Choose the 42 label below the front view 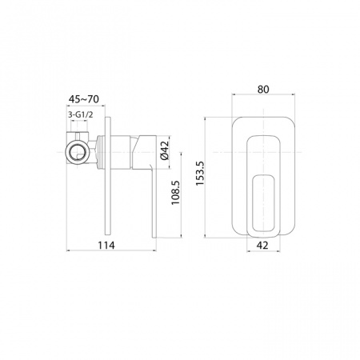pos(263,246)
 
